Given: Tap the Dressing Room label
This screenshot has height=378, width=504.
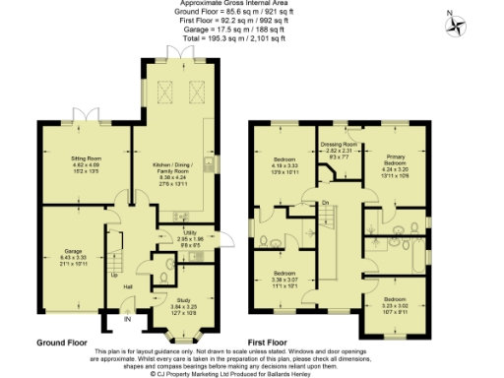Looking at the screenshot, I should click(339, 149).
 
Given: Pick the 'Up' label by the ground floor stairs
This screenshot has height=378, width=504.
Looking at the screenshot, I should click(114, 274).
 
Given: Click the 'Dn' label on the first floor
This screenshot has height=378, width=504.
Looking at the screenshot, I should click(325, 203).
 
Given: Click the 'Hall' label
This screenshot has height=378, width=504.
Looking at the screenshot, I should click(128, 286).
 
